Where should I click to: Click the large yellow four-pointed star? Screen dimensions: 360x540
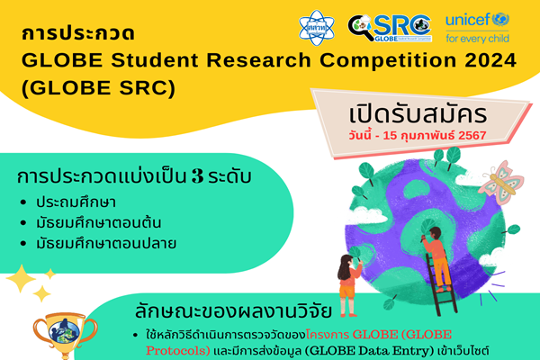pyautogui.click(x=20, y=280)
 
